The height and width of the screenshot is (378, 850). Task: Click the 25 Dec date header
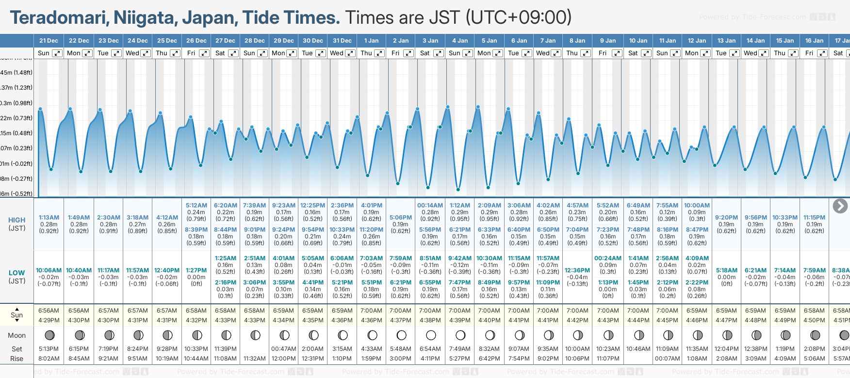(167, 41)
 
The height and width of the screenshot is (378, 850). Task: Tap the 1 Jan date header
(372, 41)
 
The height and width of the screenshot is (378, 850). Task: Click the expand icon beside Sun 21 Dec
(57, 53)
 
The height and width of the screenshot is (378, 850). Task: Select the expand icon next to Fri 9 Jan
(617, 53)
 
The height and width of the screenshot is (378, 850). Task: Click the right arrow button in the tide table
(840, 206)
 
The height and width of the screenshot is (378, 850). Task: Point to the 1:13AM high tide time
(49, 218)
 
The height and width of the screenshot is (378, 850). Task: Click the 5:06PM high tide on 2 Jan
(401, 218)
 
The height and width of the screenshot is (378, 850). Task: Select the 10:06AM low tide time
(49, 270)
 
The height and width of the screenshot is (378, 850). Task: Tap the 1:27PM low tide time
(196, 270)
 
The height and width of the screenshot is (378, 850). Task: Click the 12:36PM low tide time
(577, 270)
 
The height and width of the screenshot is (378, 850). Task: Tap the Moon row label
(17, 335)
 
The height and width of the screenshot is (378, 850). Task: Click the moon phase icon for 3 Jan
(431, 335)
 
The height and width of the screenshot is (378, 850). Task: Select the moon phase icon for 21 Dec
(49, 335)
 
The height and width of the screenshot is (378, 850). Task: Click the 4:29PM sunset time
(49, 320)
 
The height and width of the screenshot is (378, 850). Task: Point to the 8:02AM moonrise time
(49, 359)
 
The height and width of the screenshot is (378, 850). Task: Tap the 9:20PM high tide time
(726, 218)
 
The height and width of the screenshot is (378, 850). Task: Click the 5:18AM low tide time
(726, 270)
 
